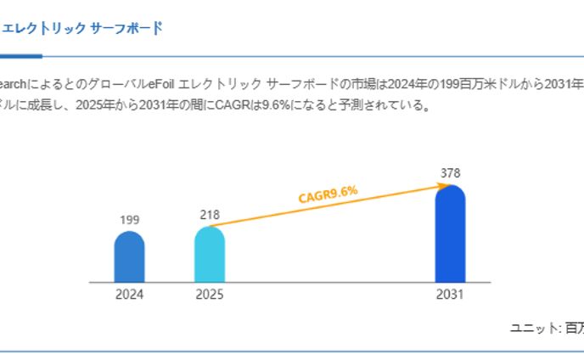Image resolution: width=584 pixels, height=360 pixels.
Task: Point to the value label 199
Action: coord(129,220)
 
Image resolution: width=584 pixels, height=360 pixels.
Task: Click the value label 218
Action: coord(210,215)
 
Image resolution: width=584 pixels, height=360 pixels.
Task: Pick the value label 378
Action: coord(450,173)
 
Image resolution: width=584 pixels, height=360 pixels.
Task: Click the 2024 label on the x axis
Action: coord(129,295)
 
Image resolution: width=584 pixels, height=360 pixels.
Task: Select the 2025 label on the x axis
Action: coord(210,295)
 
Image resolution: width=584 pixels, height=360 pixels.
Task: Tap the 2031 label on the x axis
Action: coord(450,295)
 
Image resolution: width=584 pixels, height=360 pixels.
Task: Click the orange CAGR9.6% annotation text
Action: coord(328,194)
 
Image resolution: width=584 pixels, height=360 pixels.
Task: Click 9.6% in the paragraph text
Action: coord(277,106)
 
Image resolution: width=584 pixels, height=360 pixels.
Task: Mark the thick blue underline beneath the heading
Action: coord(20,56)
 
